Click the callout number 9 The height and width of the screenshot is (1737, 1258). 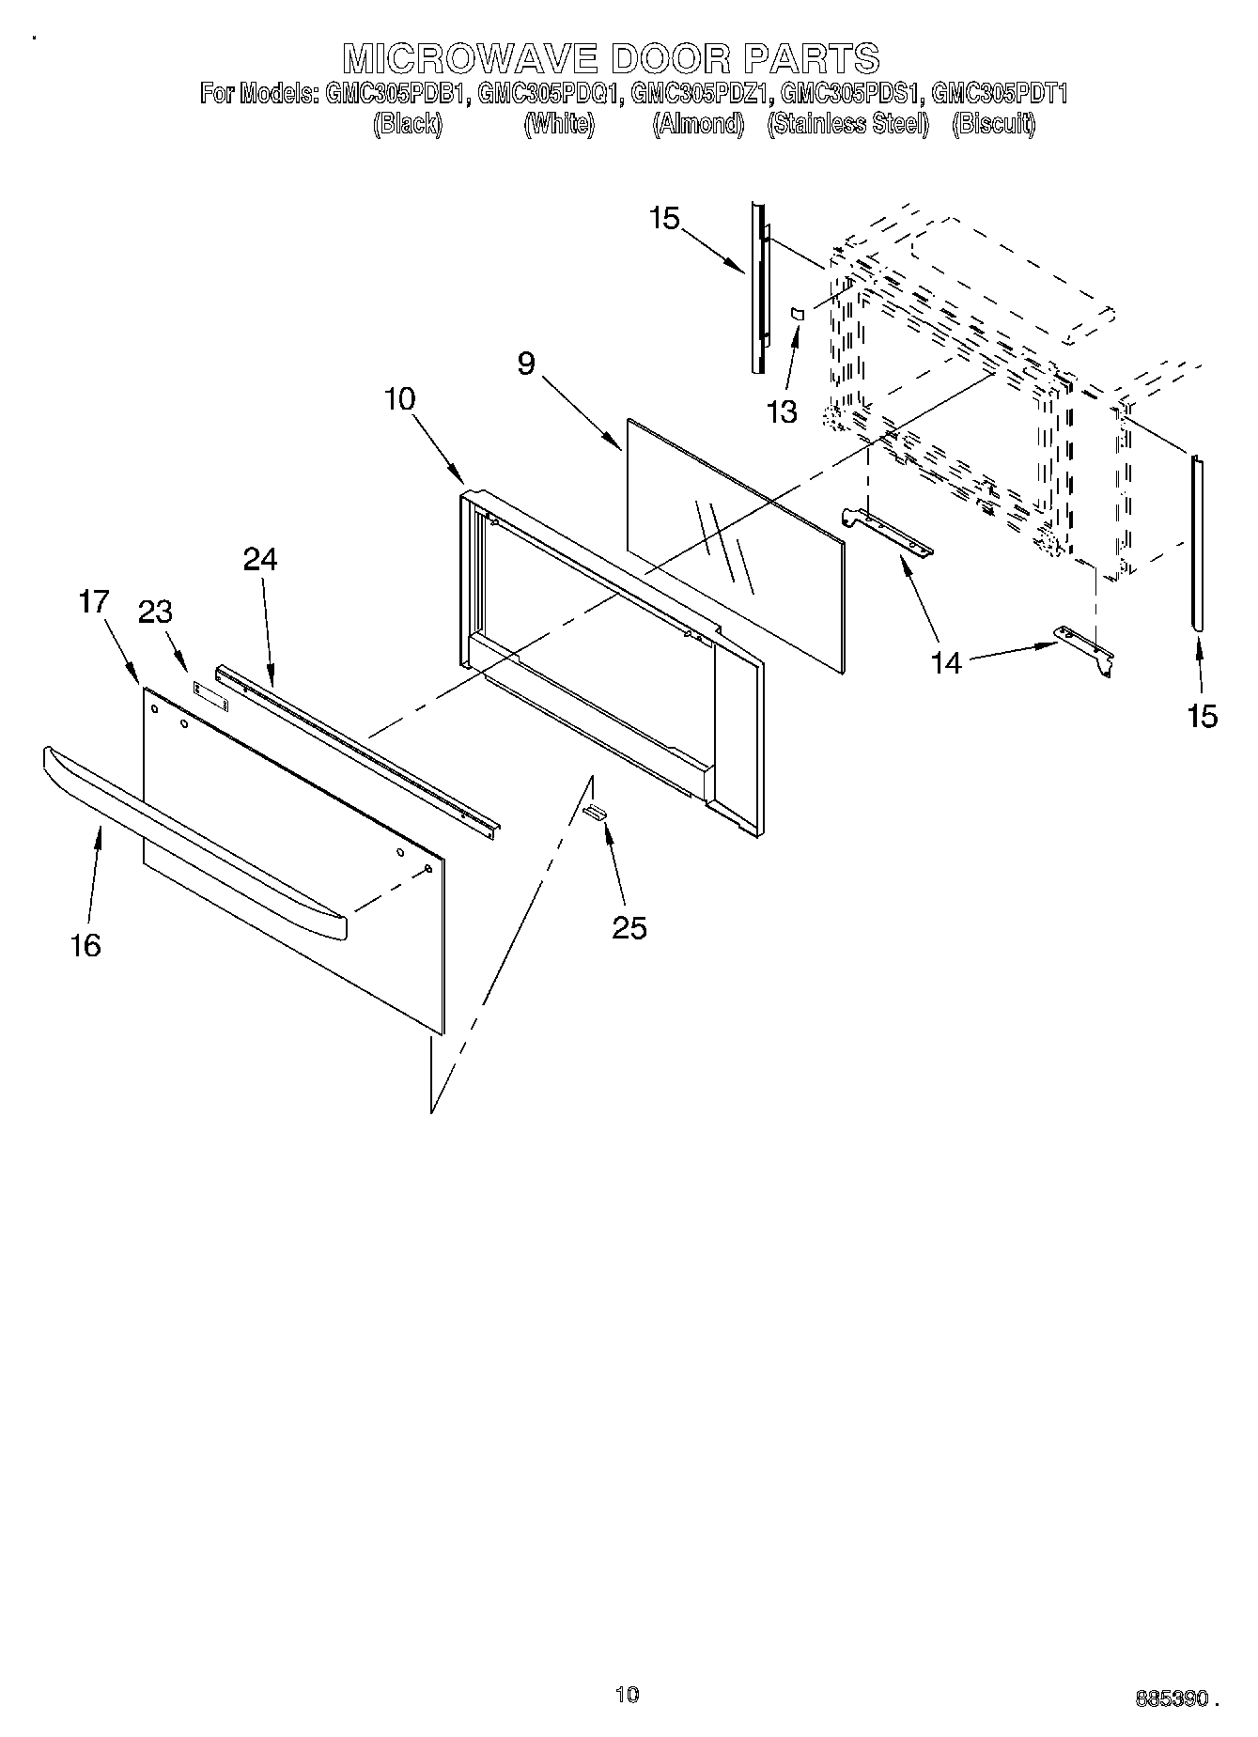[526, 364]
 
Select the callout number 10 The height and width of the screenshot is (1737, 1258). [399, 398]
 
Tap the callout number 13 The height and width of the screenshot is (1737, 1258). [782, 411]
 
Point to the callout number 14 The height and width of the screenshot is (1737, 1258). [947, 662]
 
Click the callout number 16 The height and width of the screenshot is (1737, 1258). [85, 945]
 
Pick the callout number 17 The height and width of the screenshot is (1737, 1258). [94, 601]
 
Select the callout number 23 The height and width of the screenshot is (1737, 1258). [156, 613]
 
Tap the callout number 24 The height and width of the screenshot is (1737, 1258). [260, 560]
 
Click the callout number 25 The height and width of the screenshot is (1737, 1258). [629, 928]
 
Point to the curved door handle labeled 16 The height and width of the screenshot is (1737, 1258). [188, 836]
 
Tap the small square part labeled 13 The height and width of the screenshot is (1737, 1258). [797, 314]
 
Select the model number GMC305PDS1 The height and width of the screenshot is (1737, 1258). [853, 94]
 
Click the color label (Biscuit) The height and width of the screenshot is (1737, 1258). [993, 124]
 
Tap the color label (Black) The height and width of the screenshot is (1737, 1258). [407, 124]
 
